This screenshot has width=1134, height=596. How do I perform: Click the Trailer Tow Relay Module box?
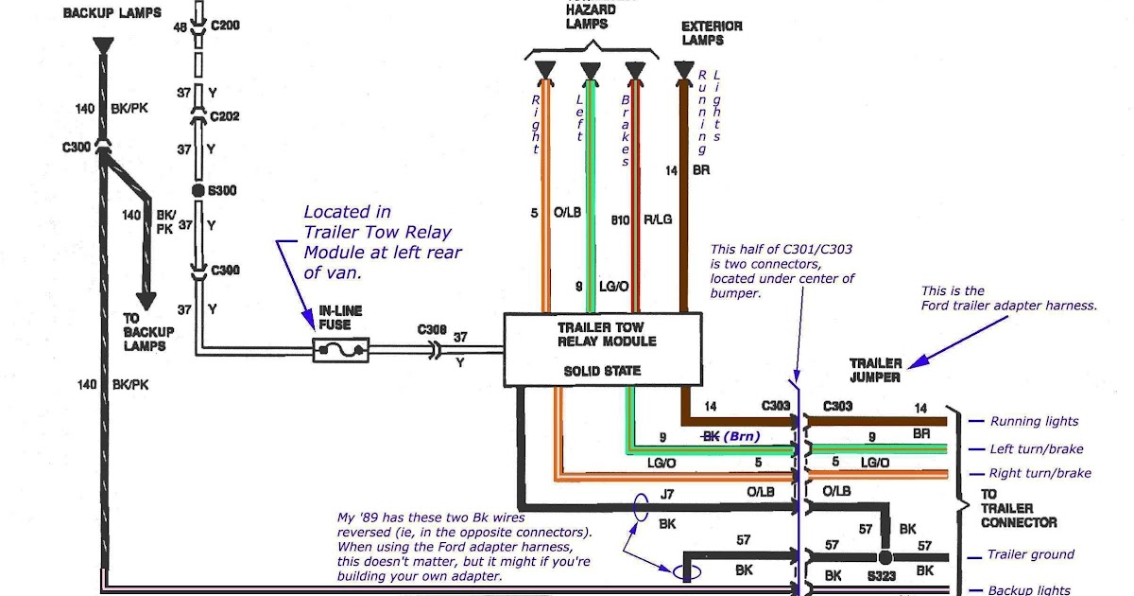[x=603, y=349]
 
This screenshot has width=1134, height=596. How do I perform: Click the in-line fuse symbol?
[x=341, y=350]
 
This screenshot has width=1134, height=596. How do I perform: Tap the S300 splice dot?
[x=198, y=190]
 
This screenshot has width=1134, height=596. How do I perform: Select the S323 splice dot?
[x=885, y=557]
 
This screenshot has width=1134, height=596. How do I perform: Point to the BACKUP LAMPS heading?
[x=112, y=12]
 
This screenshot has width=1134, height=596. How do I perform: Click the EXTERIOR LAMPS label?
[x=712, y=33]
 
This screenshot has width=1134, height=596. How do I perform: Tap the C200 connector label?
[x=225, y=25]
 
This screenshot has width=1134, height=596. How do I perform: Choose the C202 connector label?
[x=224, y=116]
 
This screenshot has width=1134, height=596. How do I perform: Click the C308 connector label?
[x=432, y=329]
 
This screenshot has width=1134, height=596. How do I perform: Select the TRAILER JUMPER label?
[x=876, y=370]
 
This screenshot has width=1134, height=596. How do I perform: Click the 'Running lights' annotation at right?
[x=1034, y=421]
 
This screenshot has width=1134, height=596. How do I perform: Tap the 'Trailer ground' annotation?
[x=1031, y=554]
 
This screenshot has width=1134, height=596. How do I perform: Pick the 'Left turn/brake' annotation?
[x=1037, y=449]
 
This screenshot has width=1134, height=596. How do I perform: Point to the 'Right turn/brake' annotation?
[x=1039, y=473]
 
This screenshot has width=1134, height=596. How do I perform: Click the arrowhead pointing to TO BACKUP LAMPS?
[x=146, y=301]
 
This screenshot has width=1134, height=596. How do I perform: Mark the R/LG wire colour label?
[x=658, y=219]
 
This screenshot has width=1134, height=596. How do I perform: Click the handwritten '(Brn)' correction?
[x=742, y=436]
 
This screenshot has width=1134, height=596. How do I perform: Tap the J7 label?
[x=667, y=494]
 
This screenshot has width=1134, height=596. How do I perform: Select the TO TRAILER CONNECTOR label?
[x=1018, y=508]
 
